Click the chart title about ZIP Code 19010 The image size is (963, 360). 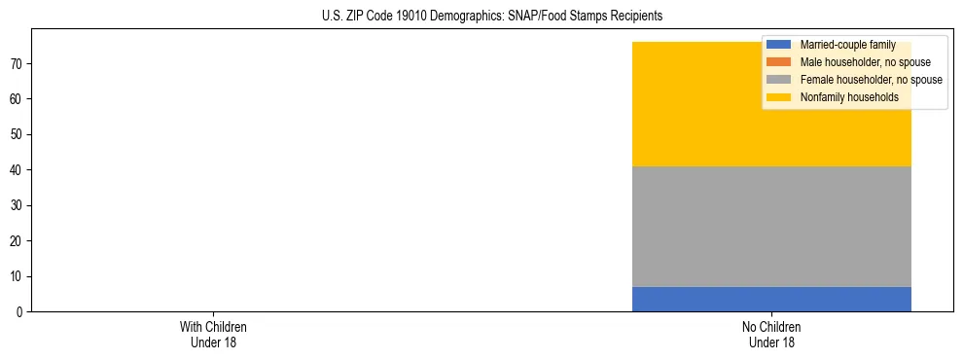(x=491, y=17)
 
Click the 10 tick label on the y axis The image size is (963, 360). (x=18, y=276)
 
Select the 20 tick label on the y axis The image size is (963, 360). (x=18, y=241)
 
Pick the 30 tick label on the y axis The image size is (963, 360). (x=18, y=205)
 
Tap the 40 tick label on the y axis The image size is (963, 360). (x=18, y=170)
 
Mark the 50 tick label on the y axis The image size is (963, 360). (x=18, y=134)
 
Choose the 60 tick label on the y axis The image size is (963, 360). (x=18, y=99)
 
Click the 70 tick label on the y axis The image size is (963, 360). (x=18, y=64)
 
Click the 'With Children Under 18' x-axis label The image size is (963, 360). (x=214, y=334)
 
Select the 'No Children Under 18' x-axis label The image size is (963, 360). (x=771, y=334)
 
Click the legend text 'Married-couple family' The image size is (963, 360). (x=847, y=45)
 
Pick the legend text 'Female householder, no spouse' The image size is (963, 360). (x=871, y=80)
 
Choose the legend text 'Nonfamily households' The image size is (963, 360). (x=848, y=97)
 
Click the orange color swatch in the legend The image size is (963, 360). (x=778, y=62)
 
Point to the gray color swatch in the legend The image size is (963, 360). (x=778, y=80)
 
